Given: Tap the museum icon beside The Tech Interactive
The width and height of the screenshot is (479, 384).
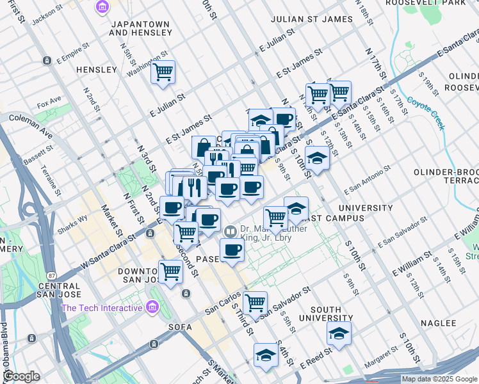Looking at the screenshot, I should (x=152, y=308).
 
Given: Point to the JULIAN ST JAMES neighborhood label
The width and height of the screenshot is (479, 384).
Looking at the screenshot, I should (x=311, y=19).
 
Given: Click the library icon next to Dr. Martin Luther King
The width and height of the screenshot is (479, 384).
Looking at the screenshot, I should (x=229, y=230).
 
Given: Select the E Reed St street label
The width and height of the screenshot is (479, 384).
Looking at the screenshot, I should (x=316, y=358).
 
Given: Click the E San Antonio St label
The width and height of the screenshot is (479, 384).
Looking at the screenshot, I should (x=367, y=181).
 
